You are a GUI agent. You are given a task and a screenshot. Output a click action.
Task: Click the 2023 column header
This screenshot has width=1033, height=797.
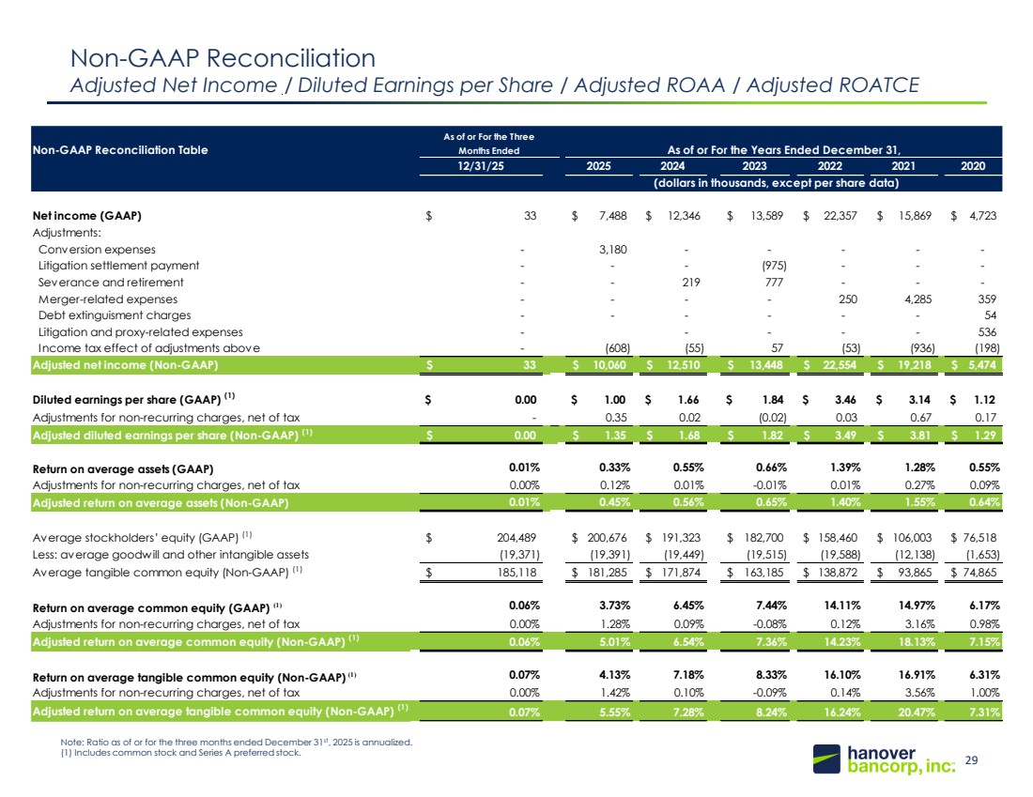pos(754,166)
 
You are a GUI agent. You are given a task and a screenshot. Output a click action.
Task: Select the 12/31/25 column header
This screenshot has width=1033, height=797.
pos(481,166)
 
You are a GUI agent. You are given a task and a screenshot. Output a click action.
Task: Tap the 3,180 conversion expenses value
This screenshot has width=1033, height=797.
pos(612,250)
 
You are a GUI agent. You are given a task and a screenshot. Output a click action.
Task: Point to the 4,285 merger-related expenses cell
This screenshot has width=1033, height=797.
pos(917,299)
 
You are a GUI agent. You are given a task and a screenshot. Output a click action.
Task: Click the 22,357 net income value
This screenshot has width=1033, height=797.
pos(840,215)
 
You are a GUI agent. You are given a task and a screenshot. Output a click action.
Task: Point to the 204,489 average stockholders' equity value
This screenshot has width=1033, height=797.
pos(516,538)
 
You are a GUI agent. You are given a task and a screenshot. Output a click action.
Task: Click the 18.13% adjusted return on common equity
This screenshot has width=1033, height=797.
pos(917,641)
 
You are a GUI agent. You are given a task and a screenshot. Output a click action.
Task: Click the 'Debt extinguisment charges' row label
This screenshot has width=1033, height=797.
pos(115,315)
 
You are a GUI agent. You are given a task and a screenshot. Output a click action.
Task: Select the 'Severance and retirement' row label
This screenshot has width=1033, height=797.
pos(111,283)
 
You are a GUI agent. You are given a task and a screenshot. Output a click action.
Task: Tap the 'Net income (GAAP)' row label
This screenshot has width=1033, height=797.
pos(87,216)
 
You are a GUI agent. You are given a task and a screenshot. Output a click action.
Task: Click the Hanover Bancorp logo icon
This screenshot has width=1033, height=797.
pos(826,759)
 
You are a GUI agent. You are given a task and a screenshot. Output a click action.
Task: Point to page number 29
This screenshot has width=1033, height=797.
pos(971,760)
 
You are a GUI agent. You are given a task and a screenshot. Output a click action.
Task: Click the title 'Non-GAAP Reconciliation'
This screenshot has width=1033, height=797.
pos(223,58)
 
